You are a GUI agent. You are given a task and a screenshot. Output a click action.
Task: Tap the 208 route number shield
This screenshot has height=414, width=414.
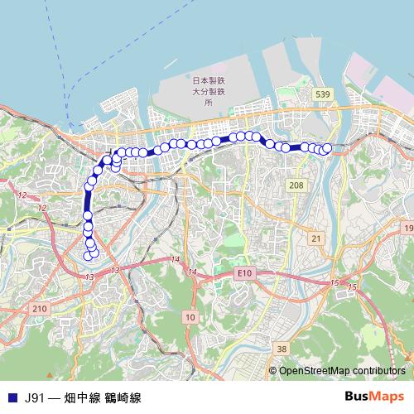pyautogui.click(x=296, y=185)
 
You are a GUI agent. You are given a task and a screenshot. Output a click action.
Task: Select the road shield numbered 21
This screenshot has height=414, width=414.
pyautogui.click(x=315, y=238)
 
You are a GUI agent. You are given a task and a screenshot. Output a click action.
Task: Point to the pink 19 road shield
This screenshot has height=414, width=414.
pyautogui.click(x=407, y=227)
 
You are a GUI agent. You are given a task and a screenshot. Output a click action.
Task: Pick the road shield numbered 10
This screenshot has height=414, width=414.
pyautogui.click(x=190, y=316)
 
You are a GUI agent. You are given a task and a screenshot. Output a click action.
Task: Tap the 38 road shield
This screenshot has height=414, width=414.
pyautogui.click(x=282, y=349)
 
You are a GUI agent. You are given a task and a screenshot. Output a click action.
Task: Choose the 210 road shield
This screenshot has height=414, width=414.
pyautogui.click(x=39, y=308)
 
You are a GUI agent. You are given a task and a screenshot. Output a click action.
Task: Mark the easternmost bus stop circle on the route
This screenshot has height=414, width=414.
pyautogui.click(x=326, y=148)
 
